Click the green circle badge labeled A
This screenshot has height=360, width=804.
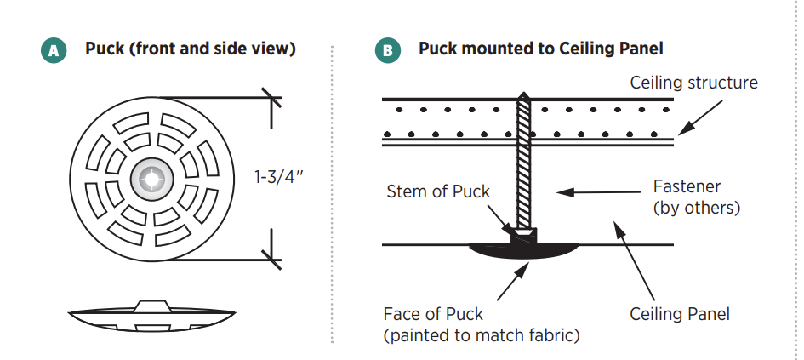click(x=54, y=50)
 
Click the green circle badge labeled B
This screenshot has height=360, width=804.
click(x=387, y=50)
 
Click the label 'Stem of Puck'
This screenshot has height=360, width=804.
click(x=438, y=191)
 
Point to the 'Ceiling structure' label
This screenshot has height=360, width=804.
click(x=693, y=83)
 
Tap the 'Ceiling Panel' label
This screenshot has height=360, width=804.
click(x=680, y=314)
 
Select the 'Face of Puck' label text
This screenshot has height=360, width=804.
click(x=442, y=314)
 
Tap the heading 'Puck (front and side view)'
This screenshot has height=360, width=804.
click(x=191, y=49)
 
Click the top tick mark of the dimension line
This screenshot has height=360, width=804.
click(x=271, y=98)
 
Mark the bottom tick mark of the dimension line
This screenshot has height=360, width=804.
click(x=271, y=255)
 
